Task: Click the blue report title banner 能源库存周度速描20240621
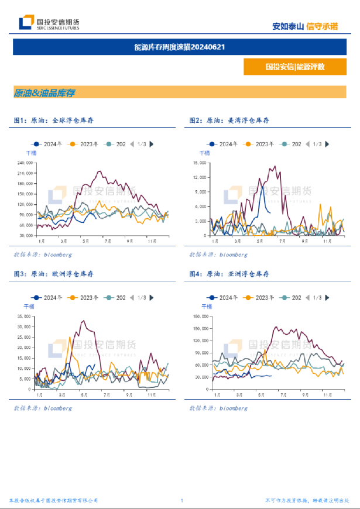(179, 47)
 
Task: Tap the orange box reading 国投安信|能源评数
(294, 67)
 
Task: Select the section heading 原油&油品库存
(44, 92)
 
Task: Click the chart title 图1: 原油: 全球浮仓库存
(53, 120)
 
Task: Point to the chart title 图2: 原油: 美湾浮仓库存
(229, 120)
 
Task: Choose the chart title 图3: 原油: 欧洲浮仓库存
(53, 274)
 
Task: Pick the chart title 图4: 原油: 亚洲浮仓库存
(229, 274)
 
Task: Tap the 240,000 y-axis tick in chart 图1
(25, 163)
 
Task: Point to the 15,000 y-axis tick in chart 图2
(200, 163)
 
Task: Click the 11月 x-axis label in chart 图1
(150, 240)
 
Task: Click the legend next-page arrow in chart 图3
(152, 298)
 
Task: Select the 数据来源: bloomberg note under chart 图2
(218, 255)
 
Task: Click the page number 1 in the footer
(182, 501)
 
